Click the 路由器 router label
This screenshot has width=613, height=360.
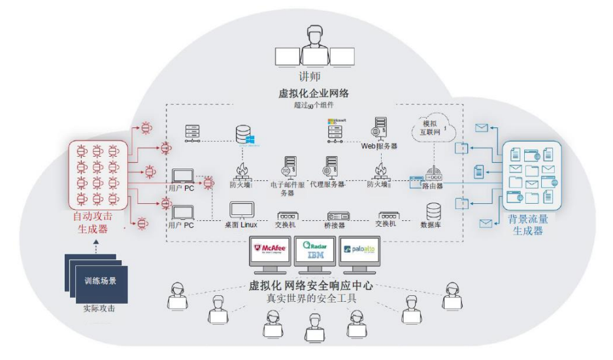(x=432, y=186)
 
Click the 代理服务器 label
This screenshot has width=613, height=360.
(x=327, y=185)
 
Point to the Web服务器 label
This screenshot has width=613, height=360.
(x=380, y=147)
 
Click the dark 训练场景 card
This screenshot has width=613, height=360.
(x=100, y=282)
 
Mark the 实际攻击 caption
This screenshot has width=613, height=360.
(x=99, y=308)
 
